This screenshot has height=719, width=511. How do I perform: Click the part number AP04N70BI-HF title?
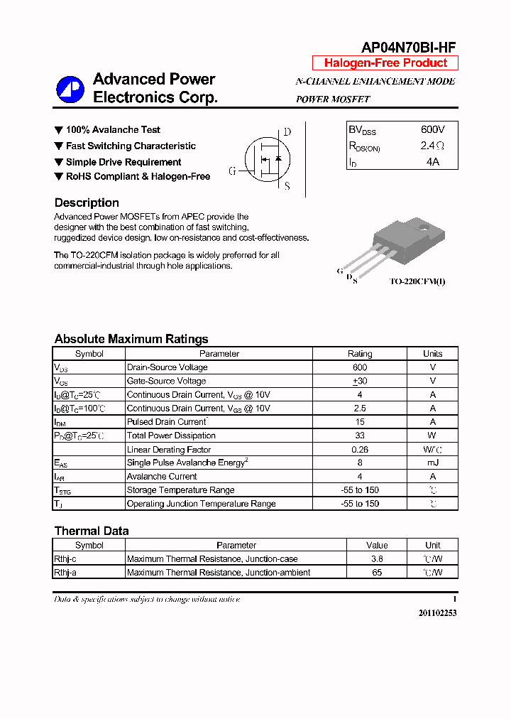(x=408, y=48)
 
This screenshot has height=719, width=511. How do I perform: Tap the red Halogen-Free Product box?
(x=385, y=63)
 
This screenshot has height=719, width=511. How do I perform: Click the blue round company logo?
(x=70, y=89)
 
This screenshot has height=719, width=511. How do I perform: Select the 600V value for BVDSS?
(x=432, y=130)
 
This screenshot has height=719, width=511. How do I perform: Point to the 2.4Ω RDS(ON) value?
(x=432, y=146)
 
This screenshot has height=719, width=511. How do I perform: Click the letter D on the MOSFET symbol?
(x=287, y=132)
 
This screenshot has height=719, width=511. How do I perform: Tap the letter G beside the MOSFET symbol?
(x=232, y=171)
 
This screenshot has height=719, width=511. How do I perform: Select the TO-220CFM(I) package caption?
(x=417, y=281)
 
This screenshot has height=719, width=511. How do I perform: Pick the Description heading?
(x=87, y=202)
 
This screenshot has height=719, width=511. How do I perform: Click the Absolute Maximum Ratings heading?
(x=131, y=339)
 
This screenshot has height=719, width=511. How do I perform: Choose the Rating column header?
(x=360, y=354)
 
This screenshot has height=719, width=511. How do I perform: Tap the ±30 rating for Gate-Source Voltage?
(x=360, y=381)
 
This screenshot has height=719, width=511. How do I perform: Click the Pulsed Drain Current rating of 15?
(x=360, y=422)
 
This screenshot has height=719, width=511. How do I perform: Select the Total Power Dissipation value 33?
(x=360, y=436)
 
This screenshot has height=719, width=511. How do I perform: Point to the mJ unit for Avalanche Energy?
(x=432, y=463)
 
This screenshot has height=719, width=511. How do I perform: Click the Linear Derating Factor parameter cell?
(x=169, y=450)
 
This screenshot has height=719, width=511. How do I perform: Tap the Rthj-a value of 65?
(x=377, y=573)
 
